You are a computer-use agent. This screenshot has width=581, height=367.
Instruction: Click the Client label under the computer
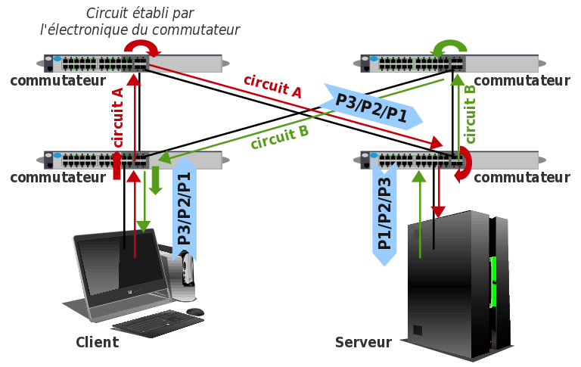[x=97, y=342]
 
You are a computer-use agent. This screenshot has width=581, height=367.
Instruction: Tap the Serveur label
[x=363, y=343]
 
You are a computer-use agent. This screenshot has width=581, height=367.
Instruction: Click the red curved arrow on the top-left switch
[x=142, y=49]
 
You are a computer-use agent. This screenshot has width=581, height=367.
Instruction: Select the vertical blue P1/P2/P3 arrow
[x=384, y=214]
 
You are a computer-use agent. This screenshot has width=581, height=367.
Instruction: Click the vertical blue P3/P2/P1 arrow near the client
[x=184, y=208]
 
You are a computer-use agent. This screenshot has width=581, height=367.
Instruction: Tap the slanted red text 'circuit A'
[x=272, y=86]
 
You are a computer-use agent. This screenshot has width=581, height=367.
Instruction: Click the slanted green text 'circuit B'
[x=279, y=137]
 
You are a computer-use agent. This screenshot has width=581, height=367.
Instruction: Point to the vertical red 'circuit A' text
[x=117, y=117]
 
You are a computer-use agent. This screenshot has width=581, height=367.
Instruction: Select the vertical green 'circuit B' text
[x=471, y=114]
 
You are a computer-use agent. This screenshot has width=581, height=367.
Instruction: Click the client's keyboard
[x=157, y=323]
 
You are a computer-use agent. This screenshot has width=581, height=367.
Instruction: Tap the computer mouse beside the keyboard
[x=195, y=311]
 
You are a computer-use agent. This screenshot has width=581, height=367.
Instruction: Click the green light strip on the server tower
[x=492, y=281]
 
